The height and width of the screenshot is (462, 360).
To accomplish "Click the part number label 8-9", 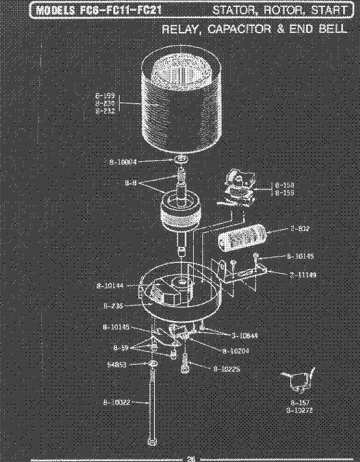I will point(131,183).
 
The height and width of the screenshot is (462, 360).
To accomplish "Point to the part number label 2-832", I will point(287,229).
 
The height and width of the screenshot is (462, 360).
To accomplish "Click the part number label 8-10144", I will point(110,286).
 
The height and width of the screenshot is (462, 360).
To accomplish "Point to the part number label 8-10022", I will point(117,402).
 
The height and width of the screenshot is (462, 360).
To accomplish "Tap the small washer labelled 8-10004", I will point(182,160).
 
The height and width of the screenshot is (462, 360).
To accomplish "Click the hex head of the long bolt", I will point(151,442).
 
